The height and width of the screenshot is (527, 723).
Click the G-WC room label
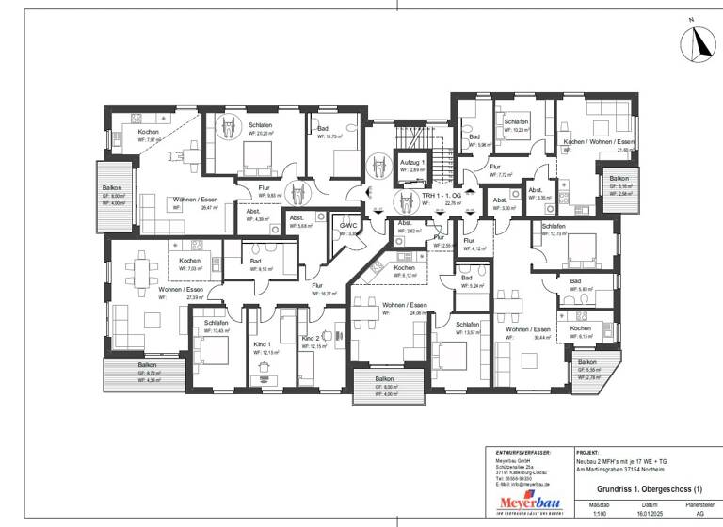349,226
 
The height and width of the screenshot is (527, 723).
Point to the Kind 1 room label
262,344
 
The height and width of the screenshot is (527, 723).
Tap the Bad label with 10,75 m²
323,128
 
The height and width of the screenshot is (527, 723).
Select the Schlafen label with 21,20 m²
261,125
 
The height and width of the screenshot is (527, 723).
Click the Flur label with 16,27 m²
317,285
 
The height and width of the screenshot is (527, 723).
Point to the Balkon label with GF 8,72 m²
148,365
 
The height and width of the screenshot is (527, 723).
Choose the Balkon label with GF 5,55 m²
587,362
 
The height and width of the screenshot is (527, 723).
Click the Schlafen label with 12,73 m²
554,226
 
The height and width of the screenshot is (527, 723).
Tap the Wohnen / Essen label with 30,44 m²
523,329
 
